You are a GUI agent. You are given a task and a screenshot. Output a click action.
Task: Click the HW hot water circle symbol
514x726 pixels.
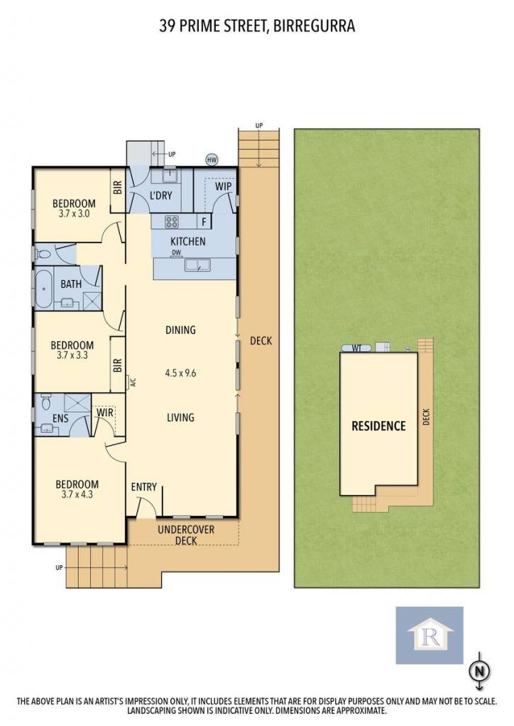(x=212, y=160)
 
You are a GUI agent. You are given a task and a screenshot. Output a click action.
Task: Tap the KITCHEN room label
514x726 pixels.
(x=187, y=241)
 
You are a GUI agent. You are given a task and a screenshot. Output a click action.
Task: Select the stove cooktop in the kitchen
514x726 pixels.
(x=172, y=222)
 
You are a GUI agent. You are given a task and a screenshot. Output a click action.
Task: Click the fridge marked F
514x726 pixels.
(x=204, y=222)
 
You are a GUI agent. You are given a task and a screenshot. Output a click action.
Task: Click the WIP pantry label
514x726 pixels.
(x=223, y=186)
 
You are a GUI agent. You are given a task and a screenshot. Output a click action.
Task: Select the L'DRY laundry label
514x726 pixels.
(x=161, y=196)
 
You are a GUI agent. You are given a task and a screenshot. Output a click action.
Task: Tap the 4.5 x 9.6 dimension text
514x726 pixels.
(x=181, y=373)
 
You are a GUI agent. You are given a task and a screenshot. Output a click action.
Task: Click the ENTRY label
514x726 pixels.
(x=143, y=486)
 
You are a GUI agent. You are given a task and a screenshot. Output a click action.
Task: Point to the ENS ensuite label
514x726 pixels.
(x=60, y=418)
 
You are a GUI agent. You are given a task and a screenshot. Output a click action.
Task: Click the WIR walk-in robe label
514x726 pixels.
(x=105, y=412)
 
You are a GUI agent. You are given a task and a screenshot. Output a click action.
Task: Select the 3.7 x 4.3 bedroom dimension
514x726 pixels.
(x=77, y=494)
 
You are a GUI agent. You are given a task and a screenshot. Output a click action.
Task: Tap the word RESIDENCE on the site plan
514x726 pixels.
(x=378, y=426)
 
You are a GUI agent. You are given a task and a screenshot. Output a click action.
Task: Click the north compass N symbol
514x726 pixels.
(x=479, y=671)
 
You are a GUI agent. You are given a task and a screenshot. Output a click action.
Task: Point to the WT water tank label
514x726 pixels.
(x=356, y=348)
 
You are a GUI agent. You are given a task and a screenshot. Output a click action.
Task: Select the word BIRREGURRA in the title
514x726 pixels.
(x=315, y=26)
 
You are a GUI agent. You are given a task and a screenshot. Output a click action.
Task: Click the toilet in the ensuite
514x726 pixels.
(x=45, y=402)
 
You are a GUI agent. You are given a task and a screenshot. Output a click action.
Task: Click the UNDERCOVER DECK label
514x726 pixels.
(x=186, y=535)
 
